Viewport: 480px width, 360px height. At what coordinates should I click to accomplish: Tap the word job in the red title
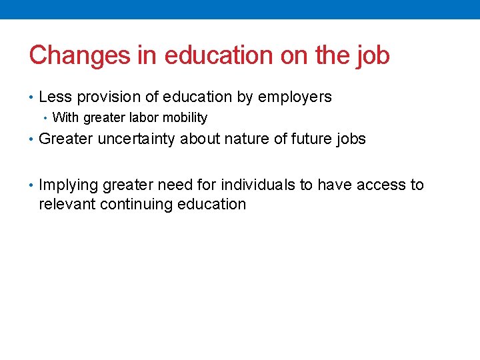(x=373, y=55)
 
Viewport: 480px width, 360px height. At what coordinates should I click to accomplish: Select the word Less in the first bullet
(x=55, y=97)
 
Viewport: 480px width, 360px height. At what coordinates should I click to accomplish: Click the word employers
(x=295, y=97)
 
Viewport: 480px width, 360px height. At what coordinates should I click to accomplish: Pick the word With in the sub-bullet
(x=65, y=118)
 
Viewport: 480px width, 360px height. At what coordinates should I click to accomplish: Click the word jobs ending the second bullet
(x=349, y=139)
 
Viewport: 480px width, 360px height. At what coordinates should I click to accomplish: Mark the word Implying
(x=69, y=185)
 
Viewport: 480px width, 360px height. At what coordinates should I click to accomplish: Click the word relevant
(x=67, y=204)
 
